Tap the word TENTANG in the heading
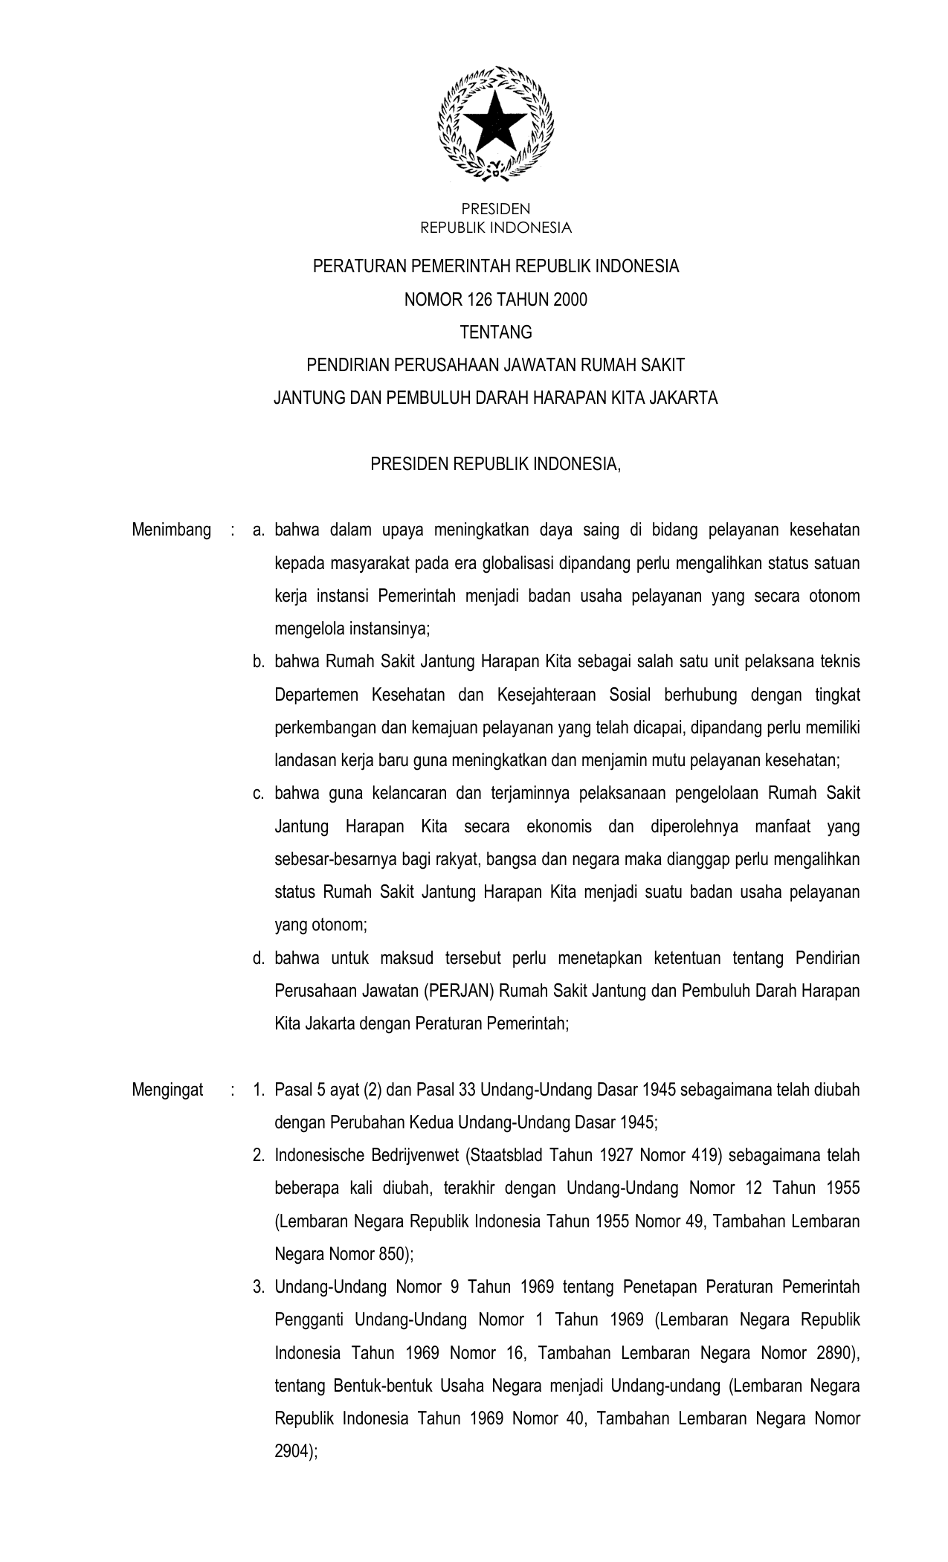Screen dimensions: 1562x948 tap(496, 332)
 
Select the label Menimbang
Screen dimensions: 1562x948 tap(171, 530)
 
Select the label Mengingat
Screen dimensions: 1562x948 tap(167, 1090)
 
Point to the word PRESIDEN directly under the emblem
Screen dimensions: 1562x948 tap(496, 210)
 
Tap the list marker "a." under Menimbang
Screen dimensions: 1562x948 tap(259, 530)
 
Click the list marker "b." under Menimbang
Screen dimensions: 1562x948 tap(259, 661)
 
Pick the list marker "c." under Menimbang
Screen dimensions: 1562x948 tap(259, 793)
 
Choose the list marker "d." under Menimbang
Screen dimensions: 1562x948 tap(259, 958)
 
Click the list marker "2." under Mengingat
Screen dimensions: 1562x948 tap(259, 1155)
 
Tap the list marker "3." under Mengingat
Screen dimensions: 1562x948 tap(259, 1287)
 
